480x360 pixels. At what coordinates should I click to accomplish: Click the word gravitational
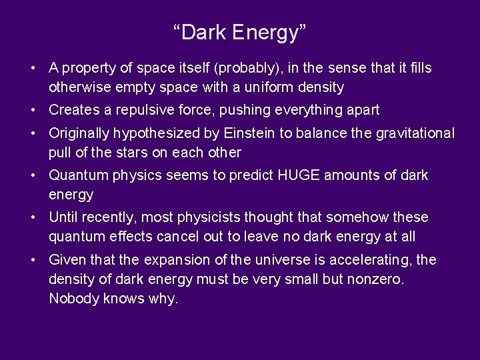point(414,133)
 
